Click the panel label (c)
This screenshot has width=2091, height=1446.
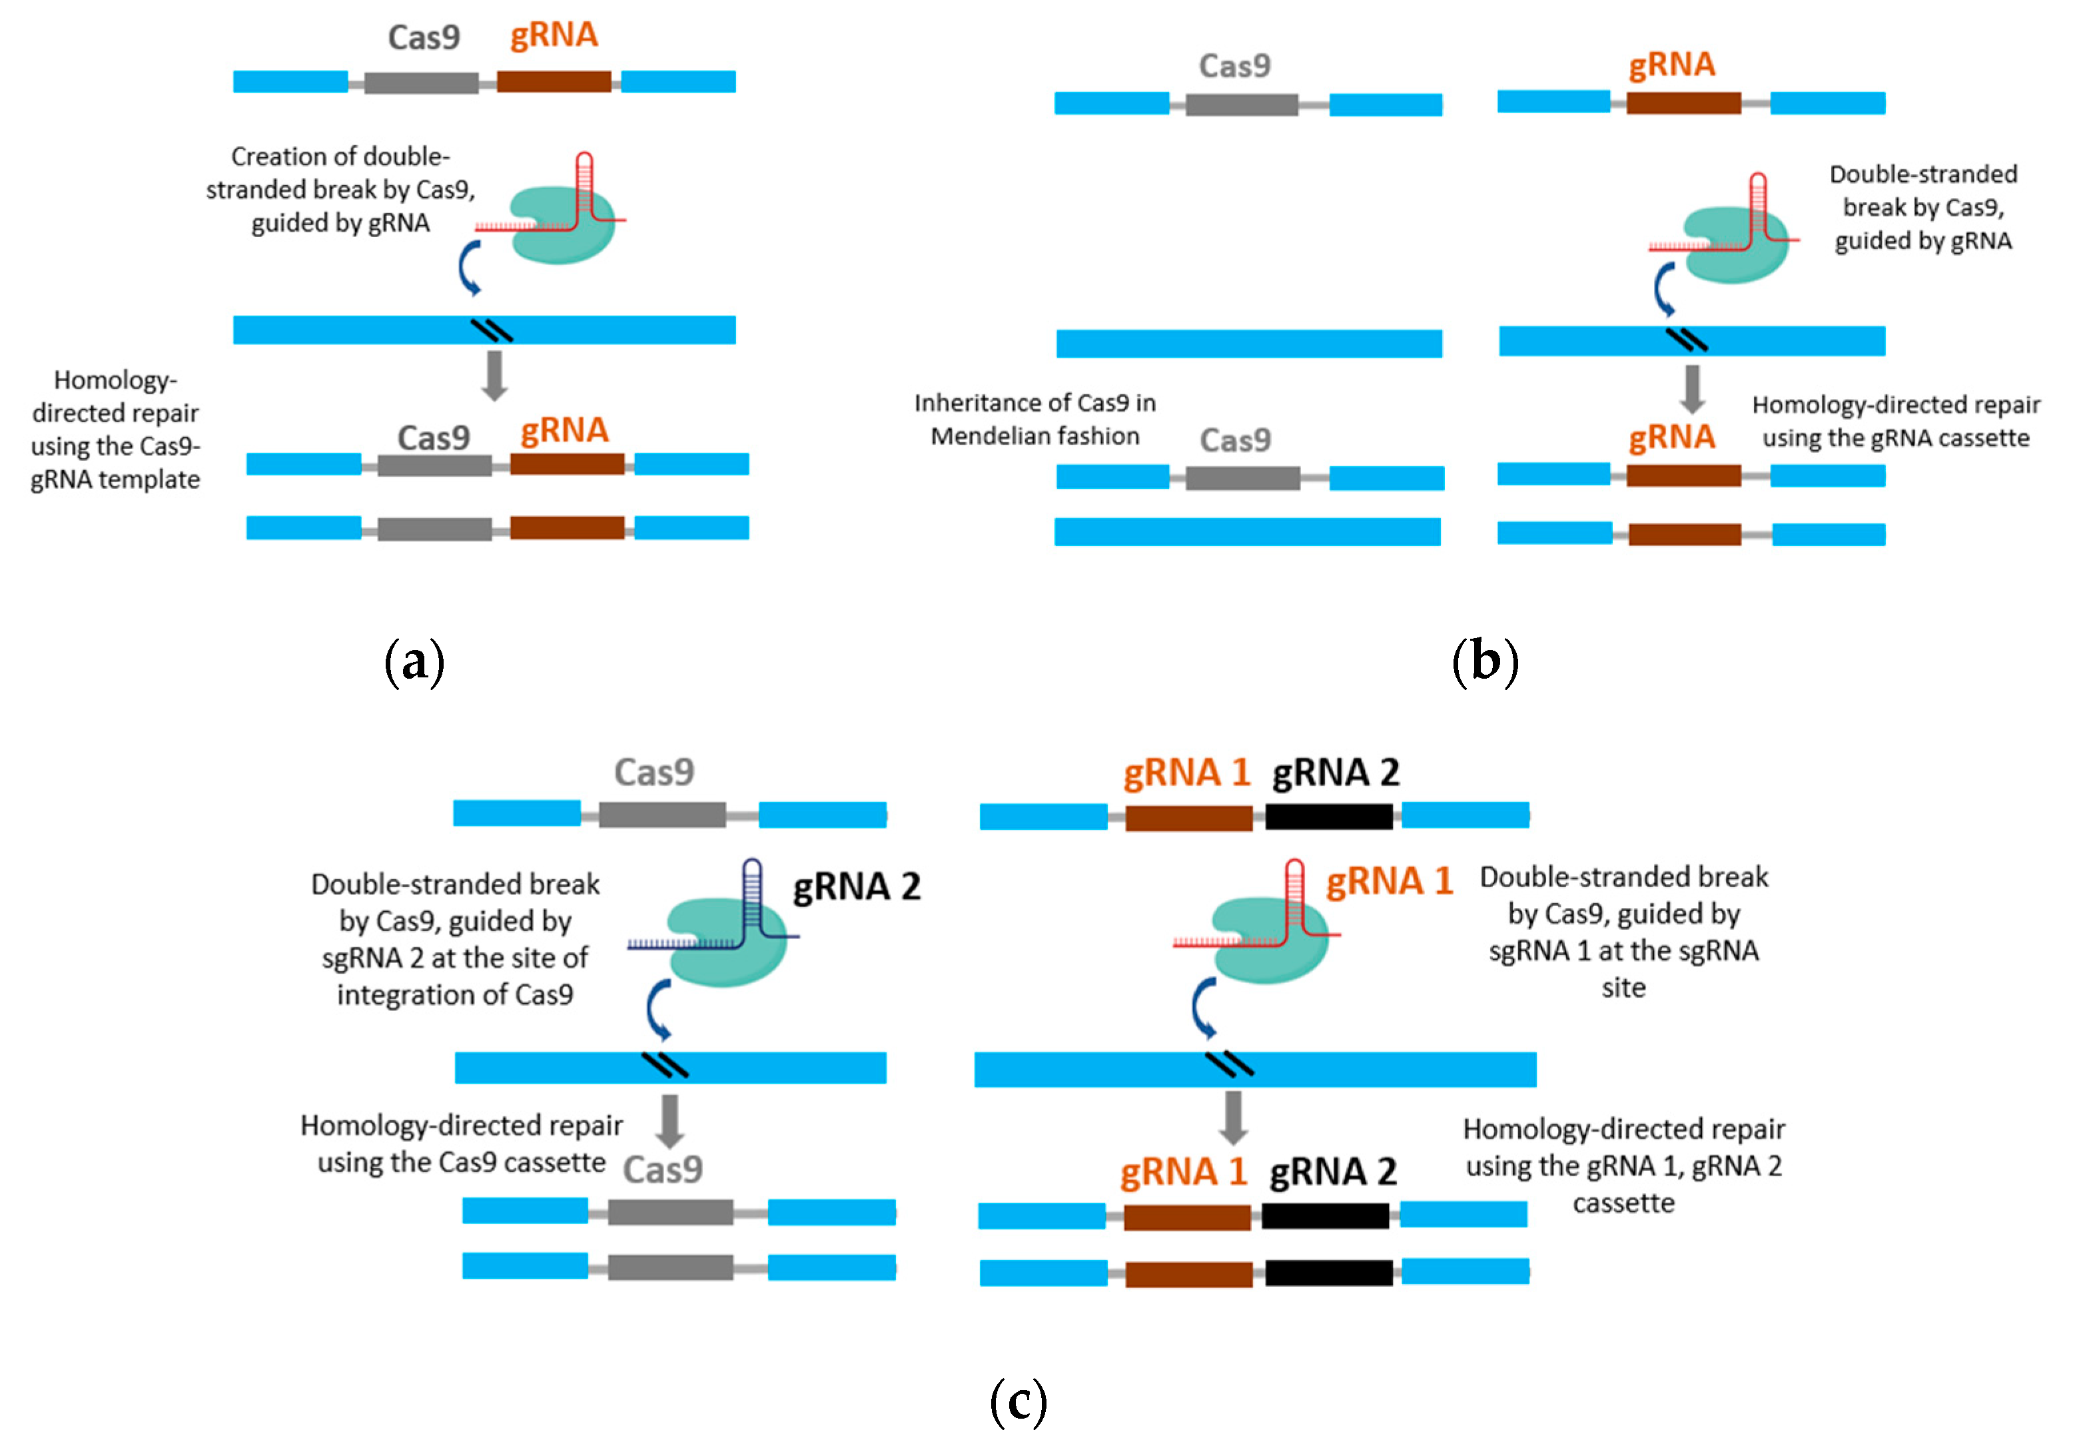tap(1019, 1401)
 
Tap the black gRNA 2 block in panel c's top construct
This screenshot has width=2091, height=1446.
tap(1328, 817)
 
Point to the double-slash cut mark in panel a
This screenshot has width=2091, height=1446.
tap(492, 331)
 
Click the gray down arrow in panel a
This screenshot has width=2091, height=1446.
tap(494, 375)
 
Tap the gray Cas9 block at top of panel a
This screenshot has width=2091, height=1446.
tap(421, 83)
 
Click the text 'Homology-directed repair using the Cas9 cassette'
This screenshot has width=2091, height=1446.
tap(461, 1144)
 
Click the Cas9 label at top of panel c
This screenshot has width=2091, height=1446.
tap(654, 773)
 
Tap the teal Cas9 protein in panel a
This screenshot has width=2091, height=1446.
tap(562, 226)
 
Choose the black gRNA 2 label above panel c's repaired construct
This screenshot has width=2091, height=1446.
tap(1333, 1172)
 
